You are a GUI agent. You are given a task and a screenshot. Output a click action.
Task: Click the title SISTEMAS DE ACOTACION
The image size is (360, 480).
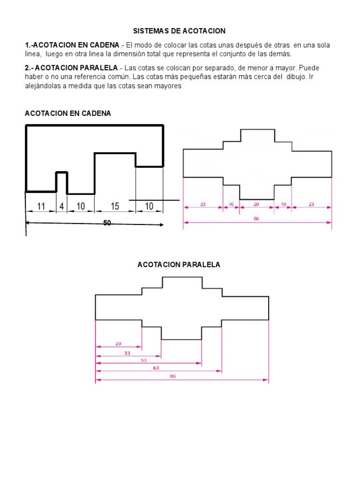[x=180, y=31]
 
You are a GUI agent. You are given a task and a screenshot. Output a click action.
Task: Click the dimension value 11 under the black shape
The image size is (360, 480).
[x=41, y=206]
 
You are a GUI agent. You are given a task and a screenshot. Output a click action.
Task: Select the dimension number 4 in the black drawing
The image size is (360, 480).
[x=61, y=206]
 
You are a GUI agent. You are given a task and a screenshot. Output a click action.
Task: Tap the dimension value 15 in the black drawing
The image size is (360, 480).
[x=115, y=206]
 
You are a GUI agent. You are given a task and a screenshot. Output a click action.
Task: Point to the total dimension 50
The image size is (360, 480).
[x=107, y=223]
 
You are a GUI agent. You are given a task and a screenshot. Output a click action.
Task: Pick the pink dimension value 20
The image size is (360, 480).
[x=256, y=204]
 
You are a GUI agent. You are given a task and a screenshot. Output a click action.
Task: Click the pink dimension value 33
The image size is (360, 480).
[x=127, y=353]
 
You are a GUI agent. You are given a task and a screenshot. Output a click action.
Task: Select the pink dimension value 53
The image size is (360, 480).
[x=143, y=360]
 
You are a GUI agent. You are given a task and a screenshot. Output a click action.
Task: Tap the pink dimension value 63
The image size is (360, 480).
[x=156, y=368]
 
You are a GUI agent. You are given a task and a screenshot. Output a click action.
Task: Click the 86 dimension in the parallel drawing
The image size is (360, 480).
[x=173, y=376]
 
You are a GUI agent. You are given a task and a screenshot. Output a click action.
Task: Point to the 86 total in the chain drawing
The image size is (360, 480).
[x=256, y=218]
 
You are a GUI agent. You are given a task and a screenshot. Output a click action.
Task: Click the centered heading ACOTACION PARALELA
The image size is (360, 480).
[x=179, y=265]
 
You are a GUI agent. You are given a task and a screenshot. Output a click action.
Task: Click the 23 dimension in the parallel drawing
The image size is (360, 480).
[x=118, y=344]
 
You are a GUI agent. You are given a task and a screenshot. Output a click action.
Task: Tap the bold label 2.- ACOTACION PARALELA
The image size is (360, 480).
[x=71, y=68]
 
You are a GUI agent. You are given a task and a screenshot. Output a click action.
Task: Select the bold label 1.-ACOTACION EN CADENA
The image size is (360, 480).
[x=72, y=45]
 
